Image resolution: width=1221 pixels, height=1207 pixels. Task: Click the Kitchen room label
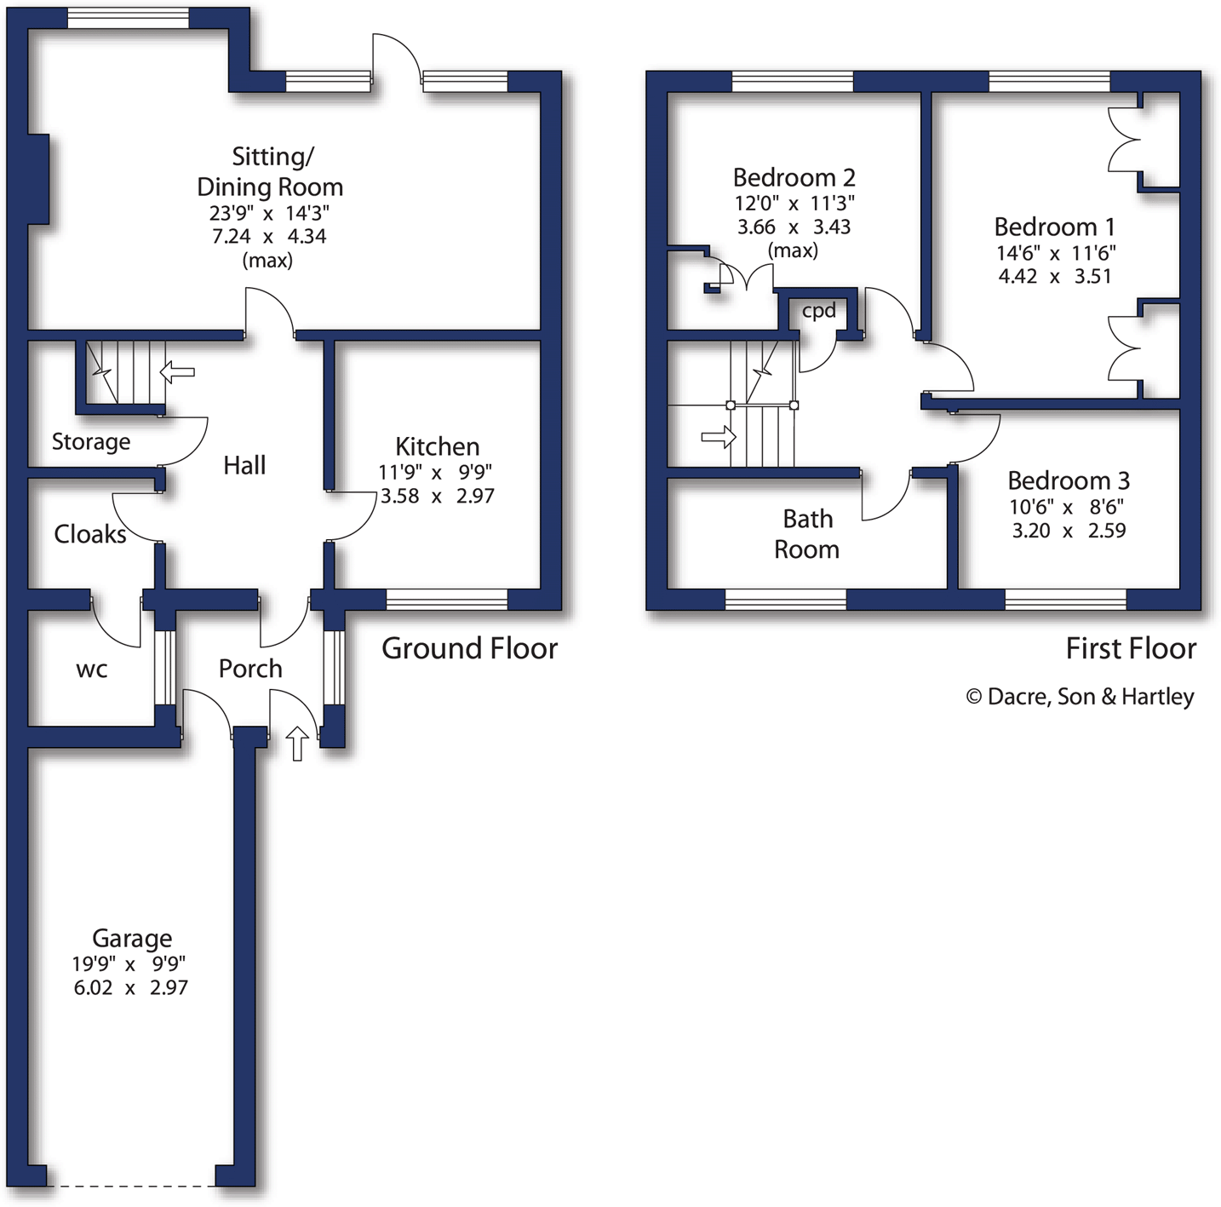437,446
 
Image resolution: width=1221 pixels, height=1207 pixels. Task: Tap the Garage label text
132,938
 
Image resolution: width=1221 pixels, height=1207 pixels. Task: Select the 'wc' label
92,670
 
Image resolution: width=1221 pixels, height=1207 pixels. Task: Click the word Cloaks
89,534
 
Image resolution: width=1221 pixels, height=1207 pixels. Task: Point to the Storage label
91,441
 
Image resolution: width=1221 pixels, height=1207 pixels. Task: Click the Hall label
244,465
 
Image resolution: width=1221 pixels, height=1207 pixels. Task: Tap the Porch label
250,669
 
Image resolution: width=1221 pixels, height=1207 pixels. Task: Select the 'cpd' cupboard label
818,311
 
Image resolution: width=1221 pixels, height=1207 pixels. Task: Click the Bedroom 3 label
1068,480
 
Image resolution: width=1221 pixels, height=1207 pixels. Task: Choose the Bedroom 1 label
1054,227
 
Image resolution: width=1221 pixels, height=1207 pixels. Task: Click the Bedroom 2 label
794,177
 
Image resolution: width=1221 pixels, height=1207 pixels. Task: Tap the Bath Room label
807,534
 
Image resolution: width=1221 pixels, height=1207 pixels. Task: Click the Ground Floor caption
469,648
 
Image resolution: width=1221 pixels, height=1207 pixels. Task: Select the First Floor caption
1131,648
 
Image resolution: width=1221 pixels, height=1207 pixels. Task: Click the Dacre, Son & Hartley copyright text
1081,697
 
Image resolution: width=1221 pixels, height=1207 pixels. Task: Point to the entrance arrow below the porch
296,743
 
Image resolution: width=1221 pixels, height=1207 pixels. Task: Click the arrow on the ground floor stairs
177,371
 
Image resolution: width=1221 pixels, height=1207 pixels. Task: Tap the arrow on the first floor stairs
718,437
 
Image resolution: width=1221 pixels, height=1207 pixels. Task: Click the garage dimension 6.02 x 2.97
131,988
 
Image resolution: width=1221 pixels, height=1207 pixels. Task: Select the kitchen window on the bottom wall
447,600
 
